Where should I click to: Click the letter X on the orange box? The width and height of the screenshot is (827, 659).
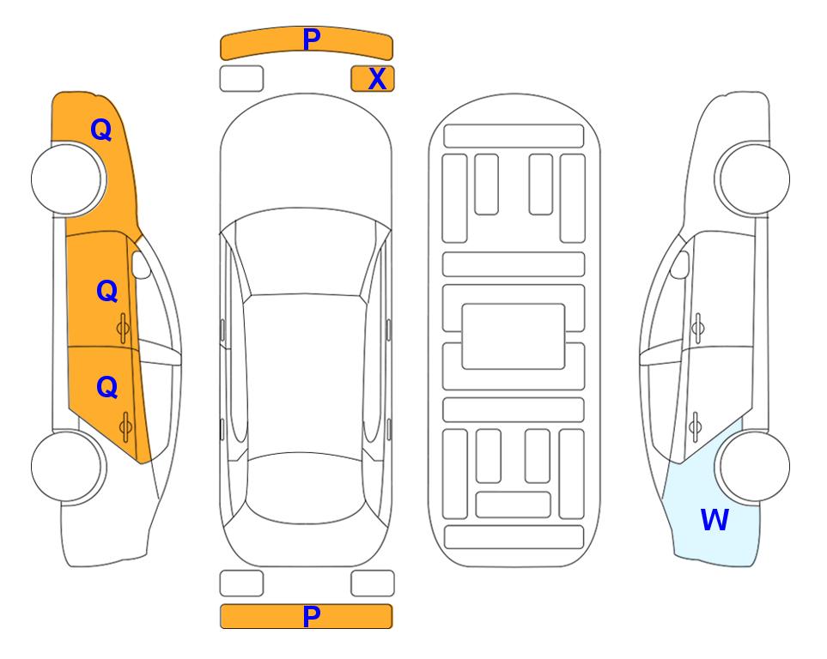(377, 79)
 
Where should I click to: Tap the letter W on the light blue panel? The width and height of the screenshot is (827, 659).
(715, 520)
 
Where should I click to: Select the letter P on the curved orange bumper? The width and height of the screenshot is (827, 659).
(312, 39)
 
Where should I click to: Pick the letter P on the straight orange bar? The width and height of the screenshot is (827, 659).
(312, 616)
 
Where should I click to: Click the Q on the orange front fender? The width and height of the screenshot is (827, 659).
(101, 130)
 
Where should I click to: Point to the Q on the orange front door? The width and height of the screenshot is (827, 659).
(107, 291)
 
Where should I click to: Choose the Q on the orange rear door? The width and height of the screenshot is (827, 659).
(107, 388)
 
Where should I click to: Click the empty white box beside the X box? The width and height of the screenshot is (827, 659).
(241, 79)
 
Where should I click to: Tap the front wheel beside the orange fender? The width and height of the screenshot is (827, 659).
(69, 179)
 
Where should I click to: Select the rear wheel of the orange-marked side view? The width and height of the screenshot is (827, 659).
(69, 467)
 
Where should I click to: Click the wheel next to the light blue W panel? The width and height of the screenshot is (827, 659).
(752, 467)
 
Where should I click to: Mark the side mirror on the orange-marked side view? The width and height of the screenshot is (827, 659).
(141, 264)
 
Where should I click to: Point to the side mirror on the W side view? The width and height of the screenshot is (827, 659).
(680, 264)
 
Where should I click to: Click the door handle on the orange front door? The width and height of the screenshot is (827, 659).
(123, 328)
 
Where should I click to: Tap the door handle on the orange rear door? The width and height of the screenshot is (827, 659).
(125, 426)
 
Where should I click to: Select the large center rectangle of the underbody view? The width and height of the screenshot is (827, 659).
(514, 336)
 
